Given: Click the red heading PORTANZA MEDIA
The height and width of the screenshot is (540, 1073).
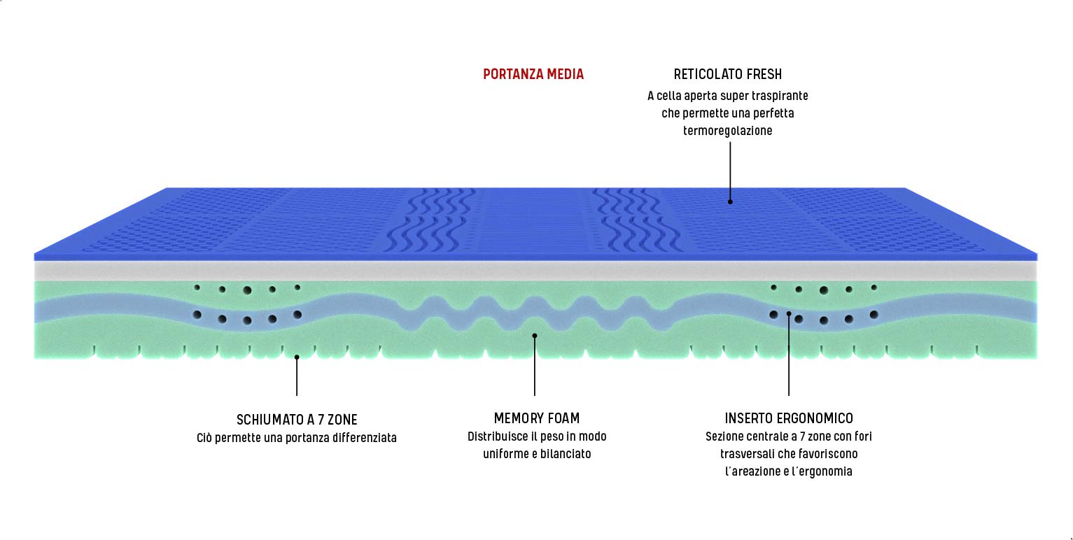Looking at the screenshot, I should pos(533,74).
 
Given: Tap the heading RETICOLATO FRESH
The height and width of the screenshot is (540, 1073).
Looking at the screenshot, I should pos(727,74).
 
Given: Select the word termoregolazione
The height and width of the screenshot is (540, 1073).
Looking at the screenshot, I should pos(727,131).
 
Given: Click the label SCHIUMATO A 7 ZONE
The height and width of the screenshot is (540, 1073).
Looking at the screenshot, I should pos(297,420).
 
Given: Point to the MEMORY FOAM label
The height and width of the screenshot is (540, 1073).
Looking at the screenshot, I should pos(537,418).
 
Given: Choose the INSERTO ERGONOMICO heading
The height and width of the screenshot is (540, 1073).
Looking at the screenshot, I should pos(789,418).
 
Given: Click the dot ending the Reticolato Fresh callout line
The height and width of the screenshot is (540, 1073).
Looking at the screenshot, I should pos(730,201).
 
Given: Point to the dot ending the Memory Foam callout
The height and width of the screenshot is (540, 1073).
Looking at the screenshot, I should pos(535,336).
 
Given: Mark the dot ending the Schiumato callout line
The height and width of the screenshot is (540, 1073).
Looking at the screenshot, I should pos(297,357).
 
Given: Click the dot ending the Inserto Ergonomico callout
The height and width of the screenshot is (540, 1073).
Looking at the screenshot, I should pos(789,313).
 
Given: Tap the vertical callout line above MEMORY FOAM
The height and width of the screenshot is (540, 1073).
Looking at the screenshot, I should pos(535,367).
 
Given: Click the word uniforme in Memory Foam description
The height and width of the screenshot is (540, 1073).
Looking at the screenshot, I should pos(501,454).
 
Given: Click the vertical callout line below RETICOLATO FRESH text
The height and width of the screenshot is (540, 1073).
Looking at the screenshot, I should pos(730,171).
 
